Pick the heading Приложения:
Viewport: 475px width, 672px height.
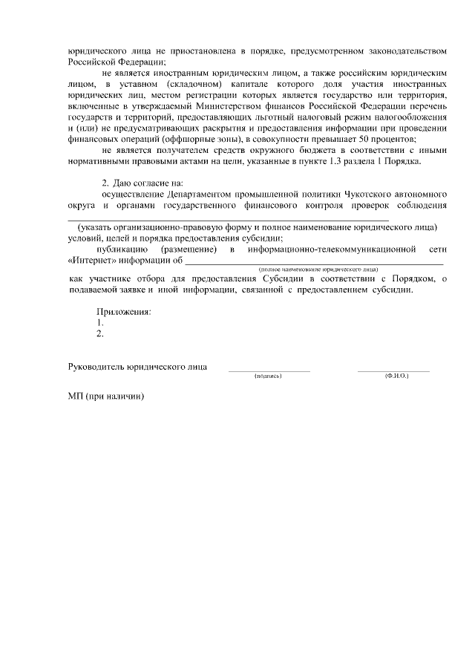point(124,312)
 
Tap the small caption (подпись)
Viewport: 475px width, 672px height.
point(268,376)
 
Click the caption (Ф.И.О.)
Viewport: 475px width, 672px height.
point(397,376)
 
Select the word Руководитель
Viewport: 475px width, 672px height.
point(96,367)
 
